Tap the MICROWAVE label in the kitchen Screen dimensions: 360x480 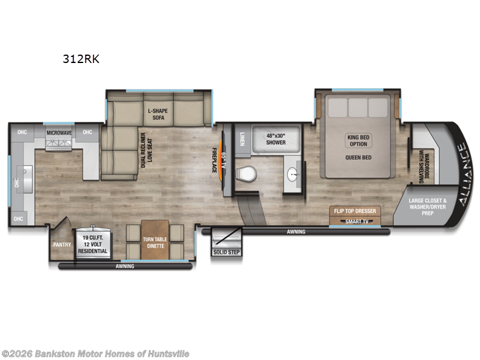pyautogui.click(x=59, y=132)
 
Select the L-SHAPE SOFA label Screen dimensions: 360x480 pyautogui.click(x=158, y=114)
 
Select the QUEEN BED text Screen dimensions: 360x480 pyautogui.click(x=358, y=158)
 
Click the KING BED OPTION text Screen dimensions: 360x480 pyautogui.click(x=358, y=140)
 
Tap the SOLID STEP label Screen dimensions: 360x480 pyautogui.click(x=226, y=252)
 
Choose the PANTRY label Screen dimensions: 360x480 pyautogui.click(x=61, y=245)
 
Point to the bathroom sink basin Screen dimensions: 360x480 pyautogui.click(x=292, y=175)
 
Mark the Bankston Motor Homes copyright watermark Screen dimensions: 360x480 pyautogui.click(x=96, y=353)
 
